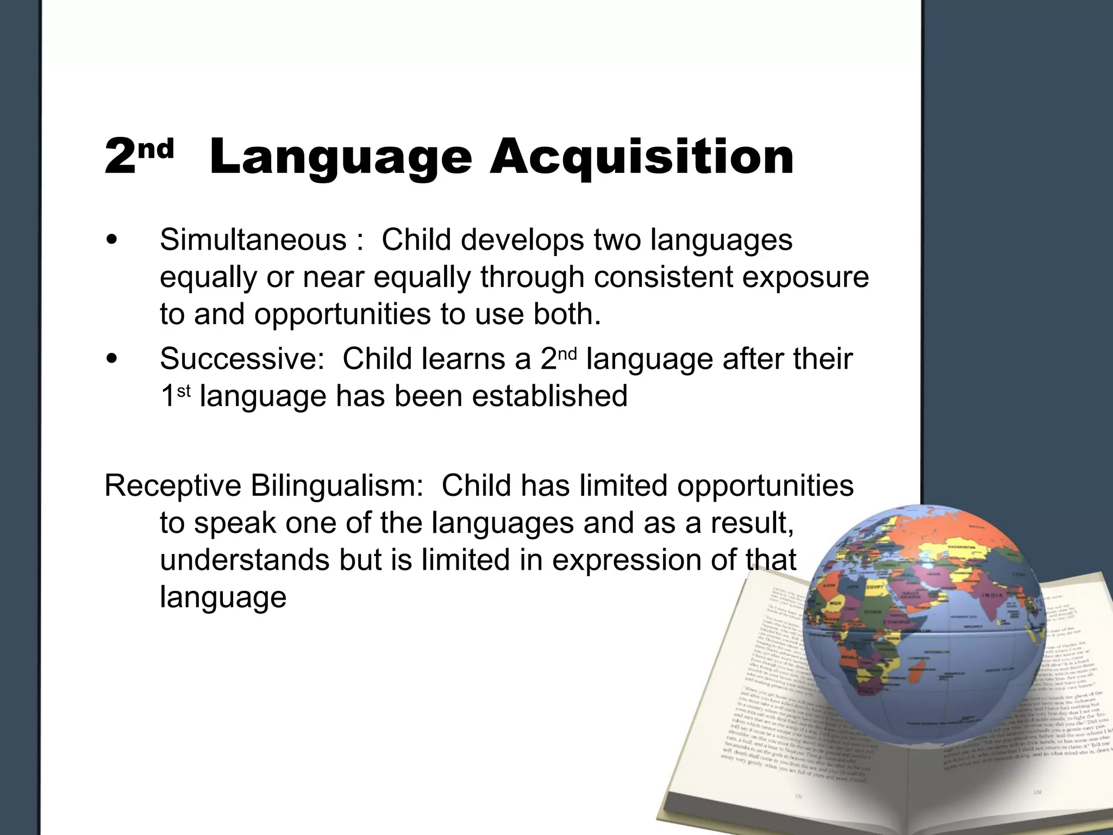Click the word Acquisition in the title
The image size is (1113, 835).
point(641,158)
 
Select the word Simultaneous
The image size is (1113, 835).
point(253,240)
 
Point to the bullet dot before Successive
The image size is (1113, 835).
point(112,359)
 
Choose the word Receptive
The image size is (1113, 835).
point(173,486)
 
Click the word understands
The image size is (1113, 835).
point(245,560)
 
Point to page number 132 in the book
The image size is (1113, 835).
point(1037,793)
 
